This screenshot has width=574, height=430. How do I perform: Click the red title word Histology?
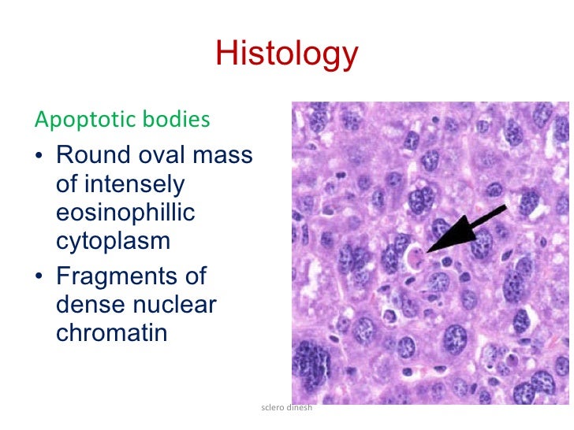point(286,54)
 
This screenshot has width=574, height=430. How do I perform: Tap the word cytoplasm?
point(113,242)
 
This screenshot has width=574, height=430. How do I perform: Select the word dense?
point(91,305)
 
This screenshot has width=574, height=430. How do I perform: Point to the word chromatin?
point(111,333)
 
